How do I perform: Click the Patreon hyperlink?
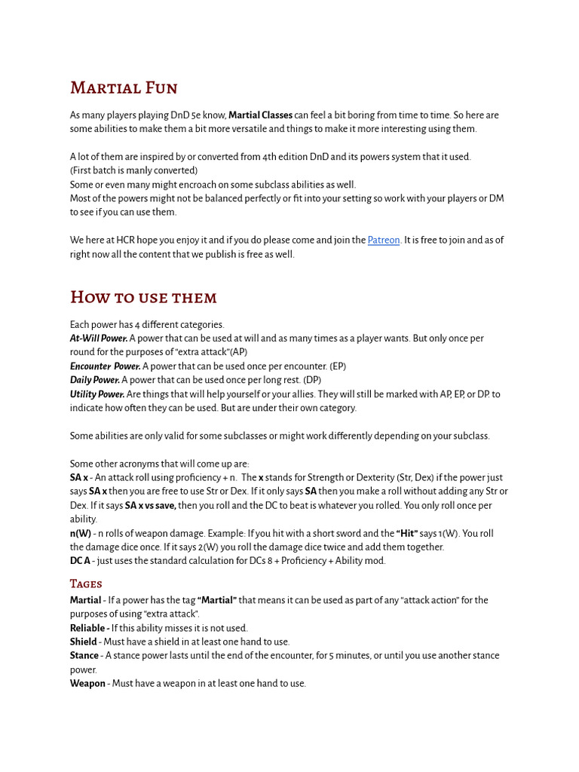click(x=383, y=240)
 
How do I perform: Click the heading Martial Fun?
click(x=124, y=88)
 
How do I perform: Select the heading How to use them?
click(x=143, y=297)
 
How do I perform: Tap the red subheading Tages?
click(x=86, y=584)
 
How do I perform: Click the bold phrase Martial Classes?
click(x=260, y=115)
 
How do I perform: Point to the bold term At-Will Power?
click(x=99, y=339)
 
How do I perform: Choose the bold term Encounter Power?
click(x=105, y=366)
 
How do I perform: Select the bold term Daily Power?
click(x=95, y=380)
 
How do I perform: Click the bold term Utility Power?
click(x=97, y=394)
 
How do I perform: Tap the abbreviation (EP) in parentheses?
click(x=337, y=366)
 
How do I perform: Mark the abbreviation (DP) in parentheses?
click(x=312, y=380)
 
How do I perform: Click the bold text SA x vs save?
click(x=150, y=505)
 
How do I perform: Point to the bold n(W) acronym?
click(x=81, y=533)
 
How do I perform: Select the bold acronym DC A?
click(x=80, y=561)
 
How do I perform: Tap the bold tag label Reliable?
click(x=89, y=628)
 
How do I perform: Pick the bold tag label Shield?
click(x=84, y=642)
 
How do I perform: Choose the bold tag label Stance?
click(x=84, y=656)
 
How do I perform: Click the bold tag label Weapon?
click(x=87, y=684)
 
